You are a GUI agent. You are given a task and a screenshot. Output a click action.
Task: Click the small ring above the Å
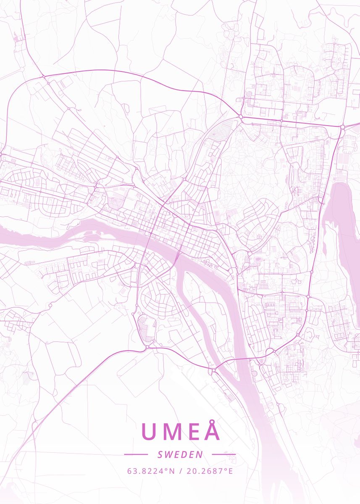coord(212,420)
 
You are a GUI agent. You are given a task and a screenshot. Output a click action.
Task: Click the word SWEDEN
coord(180,454)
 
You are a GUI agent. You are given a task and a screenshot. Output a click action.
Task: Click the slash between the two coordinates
coord(180,471)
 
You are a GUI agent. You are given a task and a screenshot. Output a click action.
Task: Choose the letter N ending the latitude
coord(173,471)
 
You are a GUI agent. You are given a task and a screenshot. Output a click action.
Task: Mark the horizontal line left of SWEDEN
coord(136,454)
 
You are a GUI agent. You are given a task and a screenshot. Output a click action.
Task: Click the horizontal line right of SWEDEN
coord(224,454)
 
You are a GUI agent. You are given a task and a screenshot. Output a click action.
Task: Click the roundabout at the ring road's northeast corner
coord(342,126)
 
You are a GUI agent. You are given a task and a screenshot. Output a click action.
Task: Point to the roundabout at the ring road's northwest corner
coord(44,77)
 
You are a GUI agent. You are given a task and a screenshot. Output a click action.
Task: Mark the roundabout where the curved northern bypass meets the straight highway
coord(240,116)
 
